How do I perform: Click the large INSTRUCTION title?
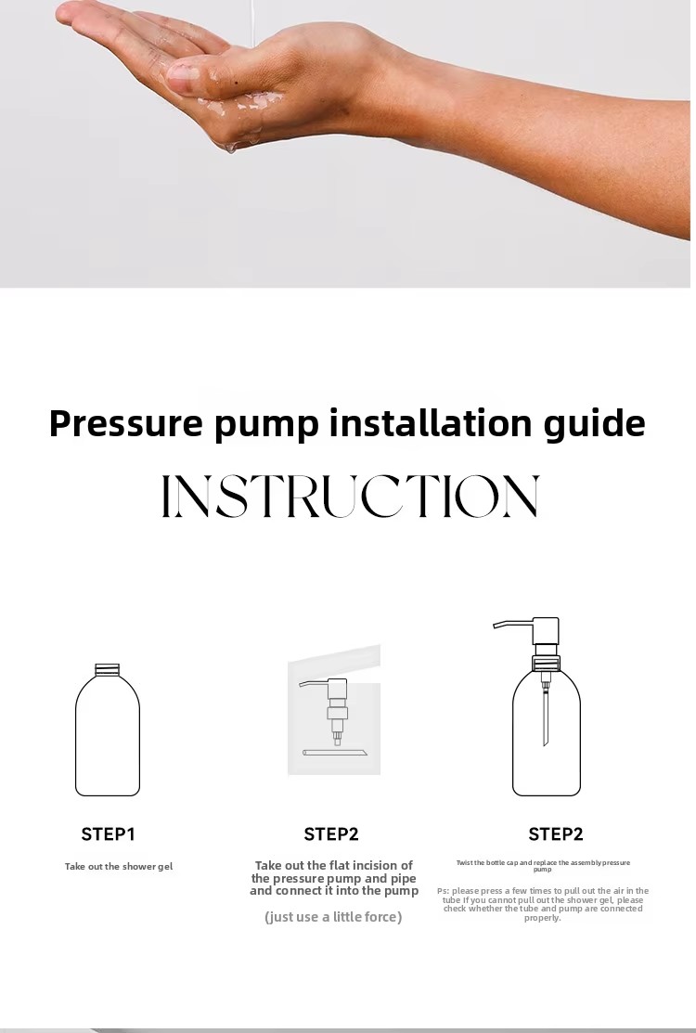(x=350, y=497)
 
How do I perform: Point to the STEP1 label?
(x=108, y=834)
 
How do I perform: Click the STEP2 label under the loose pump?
(x=331, y=834)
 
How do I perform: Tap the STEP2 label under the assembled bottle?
(x=556, y=834)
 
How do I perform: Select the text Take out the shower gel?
(x=119, y=867)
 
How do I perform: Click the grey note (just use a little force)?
(x=333, y=917)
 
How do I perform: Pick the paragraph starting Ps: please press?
(x=543, y=904)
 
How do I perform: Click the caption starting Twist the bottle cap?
(x=543, y=866)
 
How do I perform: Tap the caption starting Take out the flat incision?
(x=334, y=878)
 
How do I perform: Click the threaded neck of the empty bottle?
(x=108, y=669)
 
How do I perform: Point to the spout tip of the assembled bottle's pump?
(x=496, y=627)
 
